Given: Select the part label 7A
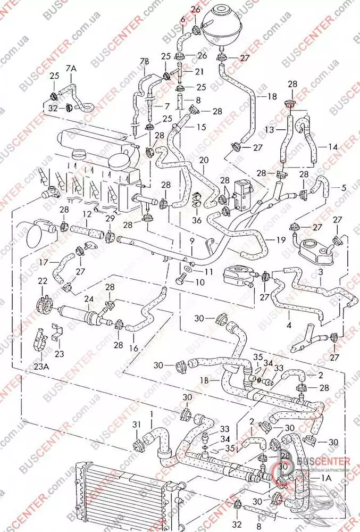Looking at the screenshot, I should pos(71,69).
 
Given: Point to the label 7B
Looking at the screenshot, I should pos(145,62).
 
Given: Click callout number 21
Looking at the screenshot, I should pos(199,71).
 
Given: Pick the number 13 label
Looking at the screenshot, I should pos(270,129).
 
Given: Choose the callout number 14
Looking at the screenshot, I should pos(333,146).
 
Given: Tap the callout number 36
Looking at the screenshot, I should pos(197,219).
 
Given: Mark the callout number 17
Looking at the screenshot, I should pos(43,261).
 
